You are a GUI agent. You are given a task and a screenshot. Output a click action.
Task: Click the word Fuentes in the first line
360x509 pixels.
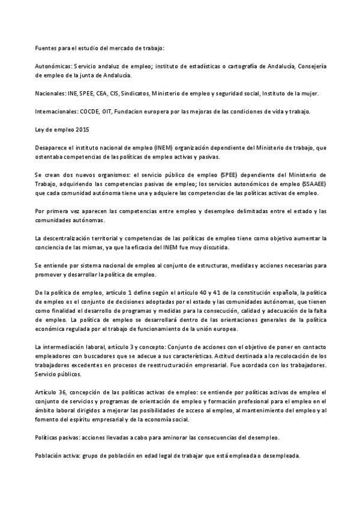tap(45, 47)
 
